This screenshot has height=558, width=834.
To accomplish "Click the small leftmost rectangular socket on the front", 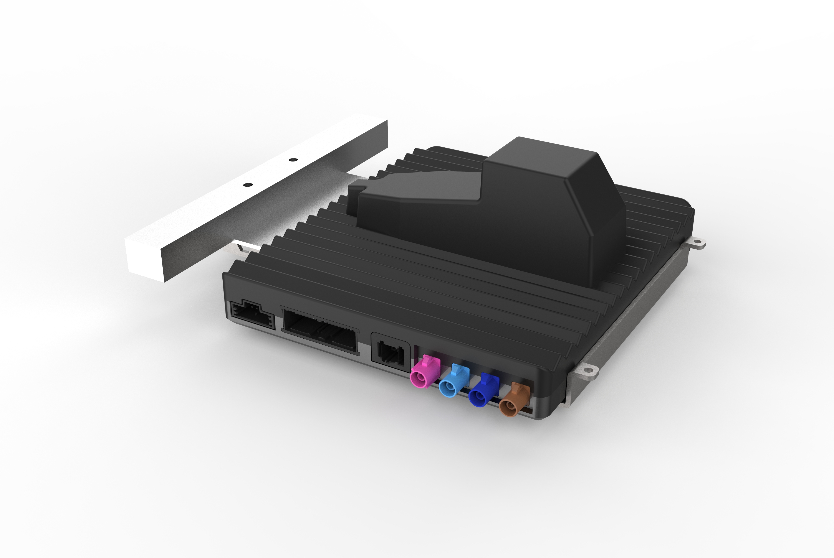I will click(252, 315).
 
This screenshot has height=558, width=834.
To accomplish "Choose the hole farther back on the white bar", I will click(293, 160).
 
